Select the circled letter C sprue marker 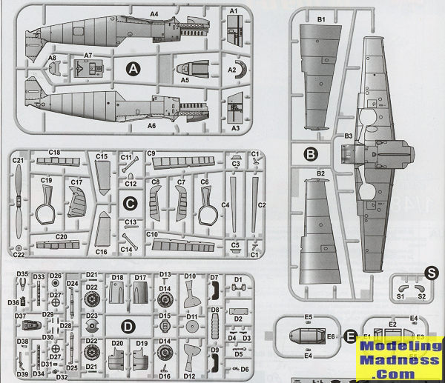click(129, 202)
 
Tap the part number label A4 click(154, 14)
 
